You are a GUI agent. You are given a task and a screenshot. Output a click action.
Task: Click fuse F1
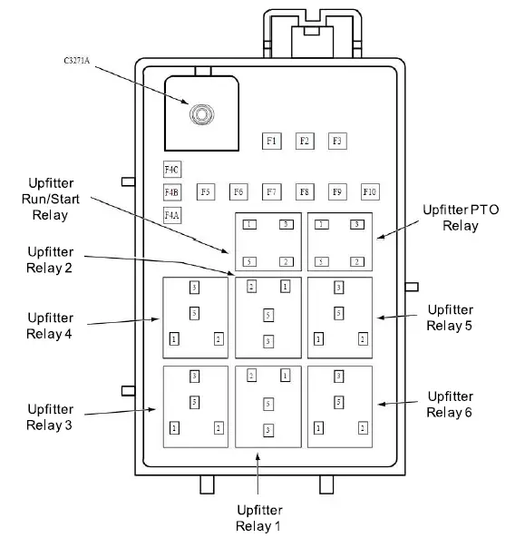(272, 141)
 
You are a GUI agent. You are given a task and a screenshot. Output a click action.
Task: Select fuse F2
(305, 141)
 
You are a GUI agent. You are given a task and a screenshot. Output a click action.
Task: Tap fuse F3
(337, 141)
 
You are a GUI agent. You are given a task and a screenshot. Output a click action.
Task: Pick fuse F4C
(172, 170)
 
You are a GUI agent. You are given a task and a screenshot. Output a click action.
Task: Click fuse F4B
(172, 191)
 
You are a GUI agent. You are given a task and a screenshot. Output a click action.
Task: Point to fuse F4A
(172, 215)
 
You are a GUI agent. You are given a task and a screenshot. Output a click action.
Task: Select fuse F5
(206, 191)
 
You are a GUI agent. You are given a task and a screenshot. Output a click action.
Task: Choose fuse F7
(271, 191)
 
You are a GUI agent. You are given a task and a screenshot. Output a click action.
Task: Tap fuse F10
(369, 191)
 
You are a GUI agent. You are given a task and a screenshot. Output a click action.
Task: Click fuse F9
(336, 191)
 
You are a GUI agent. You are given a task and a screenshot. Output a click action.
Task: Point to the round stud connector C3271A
(199, 115)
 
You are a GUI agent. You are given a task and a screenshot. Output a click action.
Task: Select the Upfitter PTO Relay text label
(461, 217)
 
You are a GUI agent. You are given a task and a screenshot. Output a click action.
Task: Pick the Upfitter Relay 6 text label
(450, 404)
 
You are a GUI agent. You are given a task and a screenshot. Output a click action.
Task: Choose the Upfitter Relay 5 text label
(450, 317)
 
